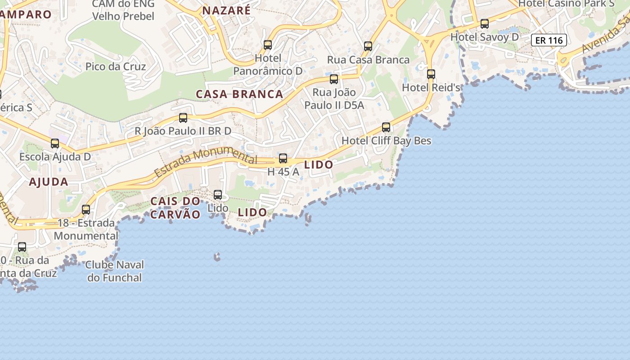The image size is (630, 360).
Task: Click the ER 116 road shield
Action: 549,40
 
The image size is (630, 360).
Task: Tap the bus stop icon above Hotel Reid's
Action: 431,74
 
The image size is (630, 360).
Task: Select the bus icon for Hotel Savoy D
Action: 485,24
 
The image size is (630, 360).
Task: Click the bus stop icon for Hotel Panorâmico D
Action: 268,45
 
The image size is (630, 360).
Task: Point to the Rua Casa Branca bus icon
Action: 368,46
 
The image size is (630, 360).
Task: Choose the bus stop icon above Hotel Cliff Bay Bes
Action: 386,127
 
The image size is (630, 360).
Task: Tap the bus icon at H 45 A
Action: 283,158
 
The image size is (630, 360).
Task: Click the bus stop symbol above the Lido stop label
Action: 218,195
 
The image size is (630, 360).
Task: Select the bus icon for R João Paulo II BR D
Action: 183,118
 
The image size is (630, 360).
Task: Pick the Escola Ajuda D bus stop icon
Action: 55,144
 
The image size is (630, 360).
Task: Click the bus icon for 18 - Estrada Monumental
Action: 86,210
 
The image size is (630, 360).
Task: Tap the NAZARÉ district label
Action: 226,10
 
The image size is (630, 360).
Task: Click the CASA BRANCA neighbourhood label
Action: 239,94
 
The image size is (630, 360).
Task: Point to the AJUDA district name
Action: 49,182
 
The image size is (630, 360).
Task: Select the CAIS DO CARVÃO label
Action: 175,207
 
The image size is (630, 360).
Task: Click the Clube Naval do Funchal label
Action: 114,271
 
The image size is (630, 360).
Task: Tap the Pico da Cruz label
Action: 116,67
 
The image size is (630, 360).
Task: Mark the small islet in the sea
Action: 217,257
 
